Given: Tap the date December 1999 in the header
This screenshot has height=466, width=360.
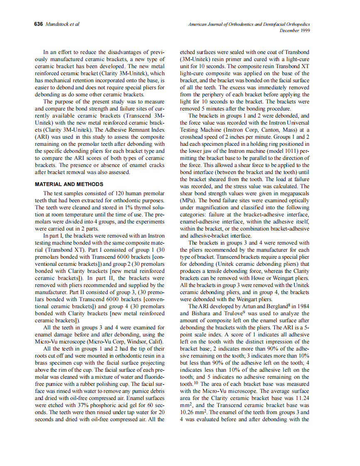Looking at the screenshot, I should (295, 30).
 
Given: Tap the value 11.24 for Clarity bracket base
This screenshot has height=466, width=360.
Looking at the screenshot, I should (301, 397).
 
